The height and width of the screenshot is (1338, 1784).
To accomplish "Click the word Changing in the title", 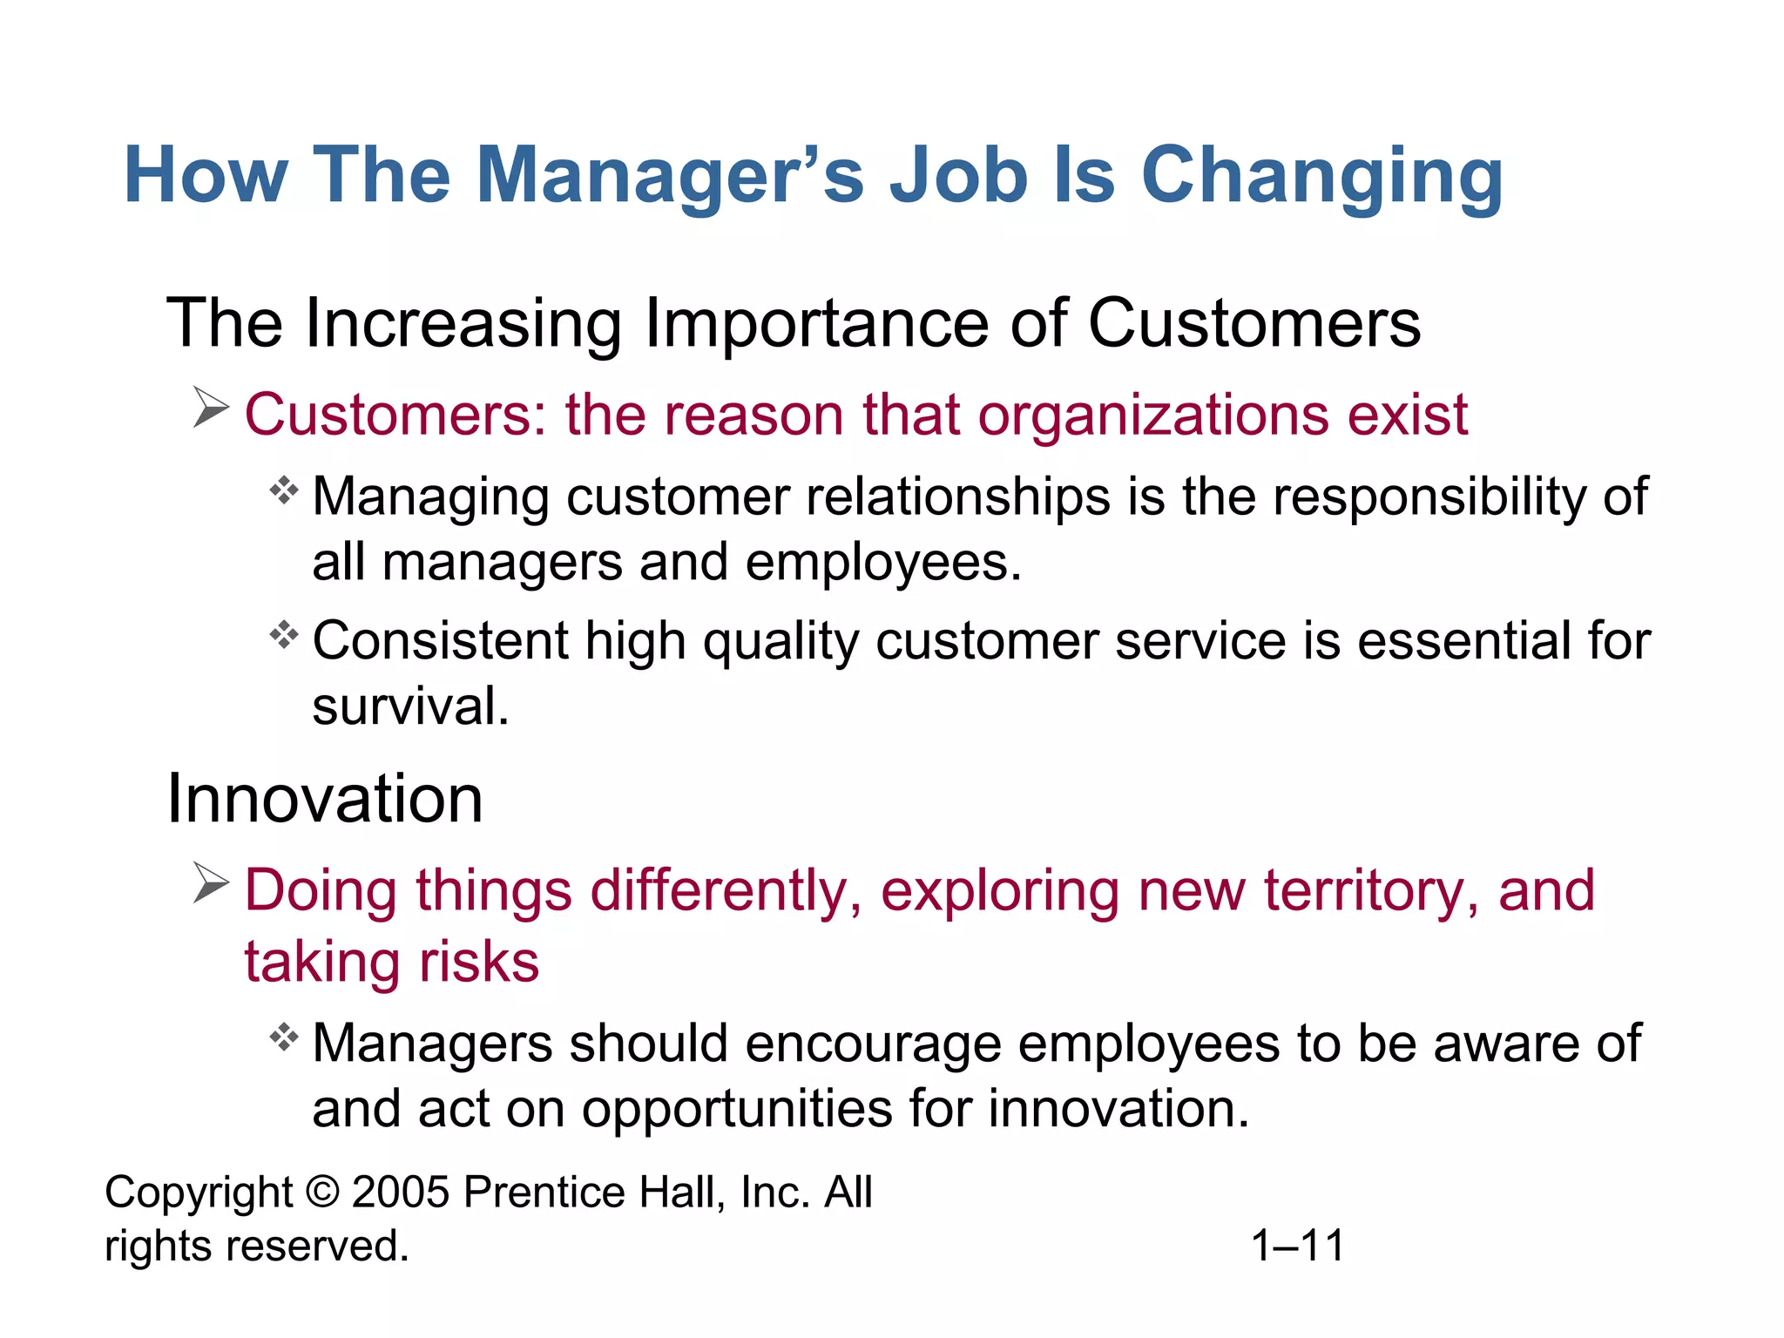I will tap(1321, 178).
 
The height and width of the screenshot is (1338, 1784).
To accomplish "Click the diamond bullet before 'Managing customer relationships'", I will tap(284, 491).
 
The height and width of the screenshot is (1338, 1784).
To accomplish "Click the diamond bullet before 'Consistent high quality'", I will tap(284, 635).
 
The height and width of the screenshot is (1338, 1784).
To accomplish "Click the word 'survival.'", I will tap(410, 706).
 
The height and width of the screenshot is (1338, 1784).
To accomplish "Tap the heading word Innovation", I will tap(324, 799).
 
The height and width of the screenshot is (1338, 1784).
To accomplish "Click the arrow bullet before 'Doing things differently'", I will tap(210, 883).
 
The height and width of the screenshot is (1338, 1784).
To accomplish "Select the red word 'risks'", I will tap(479, 963).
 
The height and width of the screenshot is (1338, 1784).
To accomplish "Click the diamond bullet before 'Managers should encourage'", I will tap(284, 1037).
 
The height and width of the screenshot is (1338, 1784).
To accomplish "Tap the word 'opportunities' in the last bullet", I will tap(737, 1111).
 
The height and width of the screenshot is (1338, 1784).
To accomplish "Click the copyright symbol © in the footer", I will tap(322, 1192).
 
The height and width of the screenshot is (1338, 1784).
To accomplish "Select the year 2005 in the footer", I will tap(401, 1192).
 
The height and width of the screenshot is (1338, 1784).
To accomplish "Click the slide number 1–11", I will tap(1297, 1246).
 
